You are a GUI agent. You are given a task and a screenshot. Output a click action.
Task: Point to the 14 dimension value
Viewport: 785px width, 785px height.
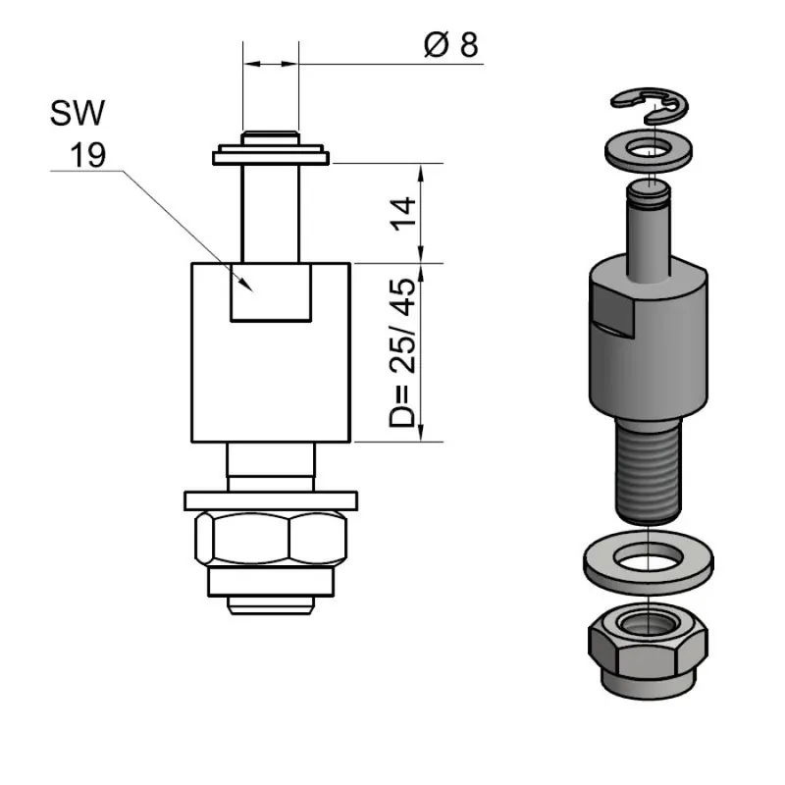pyautogui.click(x=403, y=213)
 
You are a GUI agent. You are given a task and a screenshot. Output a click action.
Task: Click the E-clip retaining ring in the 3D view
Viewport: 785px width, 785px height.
pyautogui.click(x=649, y=101)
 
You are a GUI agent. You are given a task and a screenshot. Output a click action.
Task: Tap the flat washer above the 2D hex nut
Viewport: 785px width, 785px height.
pyautogui.click(x=271, y=500)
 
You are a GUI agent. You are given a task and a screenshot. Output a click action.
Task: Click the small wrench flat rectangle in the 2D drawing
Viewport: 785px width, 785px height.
pyautogui.click(x=272, y=291)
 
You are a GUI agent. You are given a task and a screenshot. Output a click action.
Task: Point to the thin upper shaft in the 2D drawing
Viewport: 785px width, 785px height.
pyautogui.click(x=271, y=211)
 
